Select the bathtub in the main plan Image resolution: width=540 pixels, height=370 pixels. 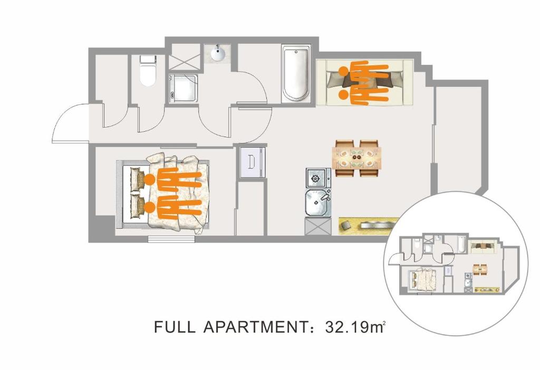pos(296,73)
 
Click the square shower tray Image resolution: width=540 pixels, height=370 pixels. pos(184,88)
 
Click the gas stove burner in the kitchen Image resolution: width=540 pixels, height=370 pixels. pos(315,178)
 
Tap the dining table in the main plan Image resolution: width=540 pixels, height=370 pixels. pos(357,158)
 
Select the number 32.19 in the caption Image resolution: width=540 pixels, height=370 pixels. pos(347,327)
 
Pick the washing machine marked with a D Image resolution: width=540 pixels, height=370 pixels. pos(253,162)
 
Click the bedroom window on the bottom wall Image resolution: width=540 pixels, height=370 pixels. pos(171,239)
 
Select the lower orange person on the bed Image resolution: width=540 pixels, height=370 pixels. pos(173,208)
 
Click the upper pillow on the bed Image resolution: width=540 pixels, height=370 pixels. pos(137,179)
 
